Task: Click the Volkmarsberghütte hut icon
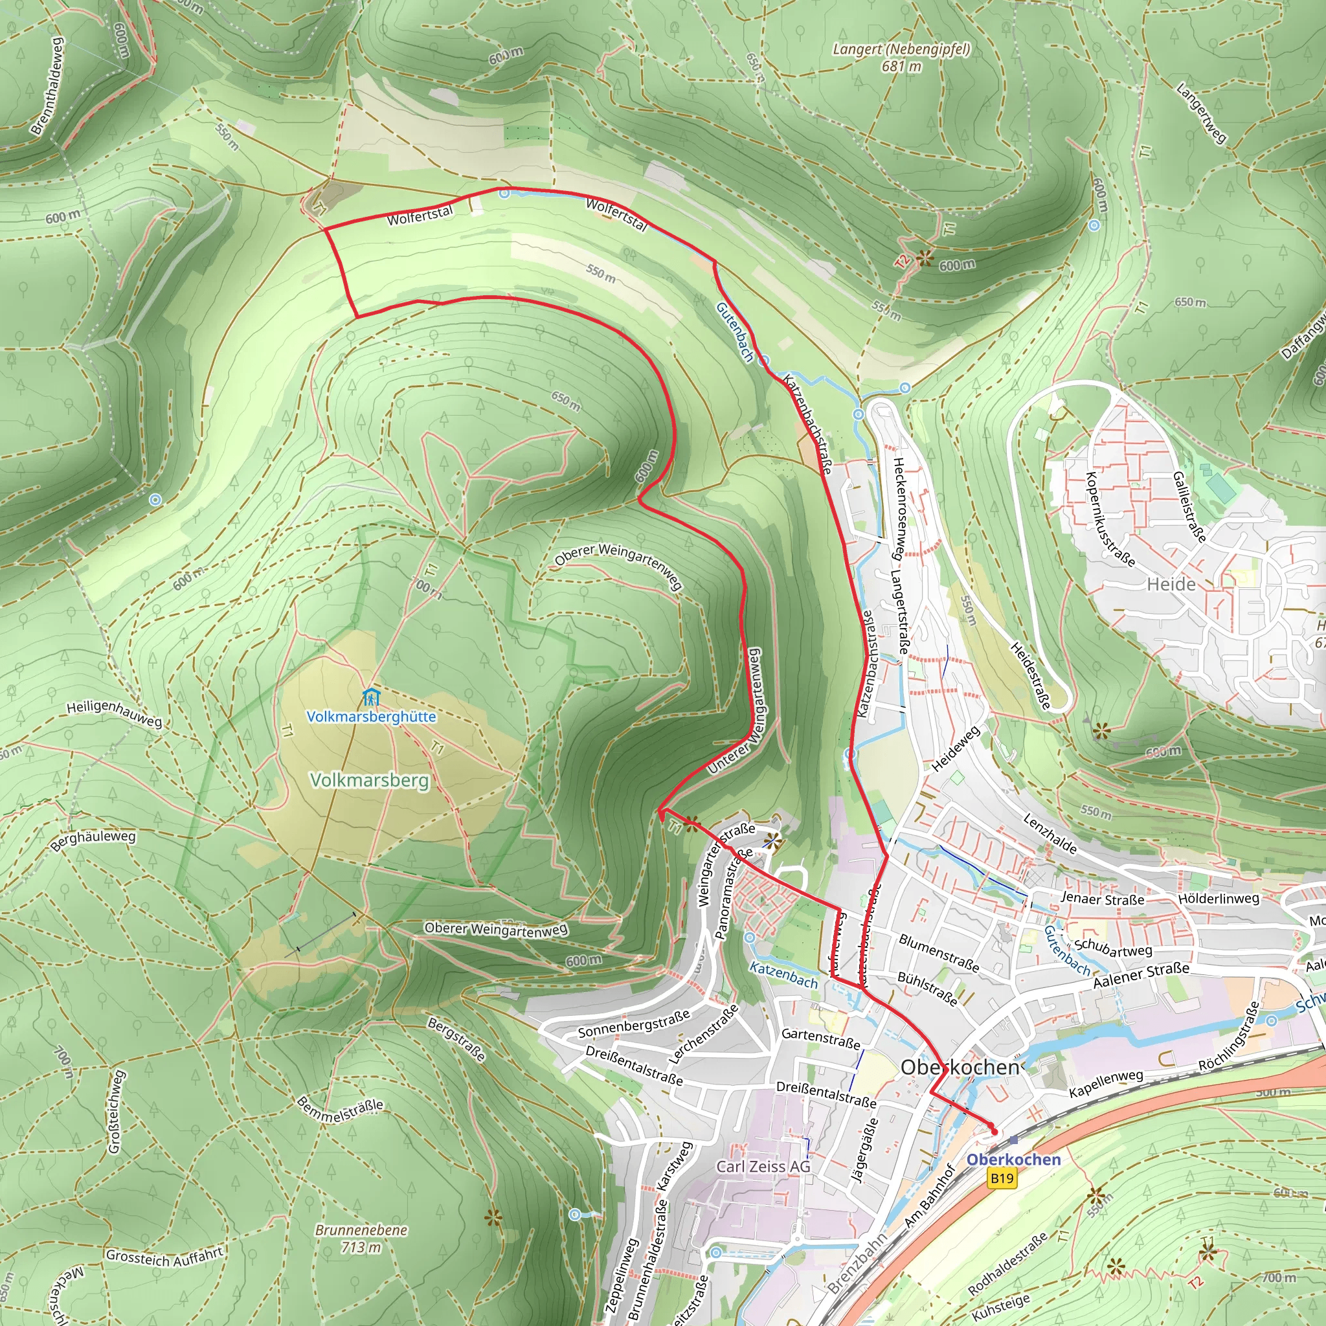click(371, 697)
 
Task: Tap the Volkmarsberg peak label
click(369, 780)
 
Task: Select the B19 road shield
click(1002, 1178)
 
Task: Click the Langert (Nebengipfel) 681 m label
click(901, 58)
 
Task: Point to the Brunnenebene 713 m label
click(361, 1238)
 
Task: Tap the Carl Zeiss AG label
click(763, 1167)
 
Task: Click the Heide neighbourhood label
click(1171, 584)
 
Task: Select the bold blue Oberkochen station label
click(1013, 1159)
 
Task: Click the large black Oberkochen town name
click(960, 1067)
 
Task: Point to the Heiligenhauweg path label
click(114, 714)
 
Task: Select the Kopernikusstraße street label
click(1109, 519)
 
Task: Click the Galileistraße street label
click(1189, 506)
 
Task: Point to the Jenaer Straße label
click(1102, 899)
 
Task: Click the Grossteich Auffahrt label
click(164, 1256)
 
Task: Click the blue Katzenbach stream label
click(783, 975)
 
